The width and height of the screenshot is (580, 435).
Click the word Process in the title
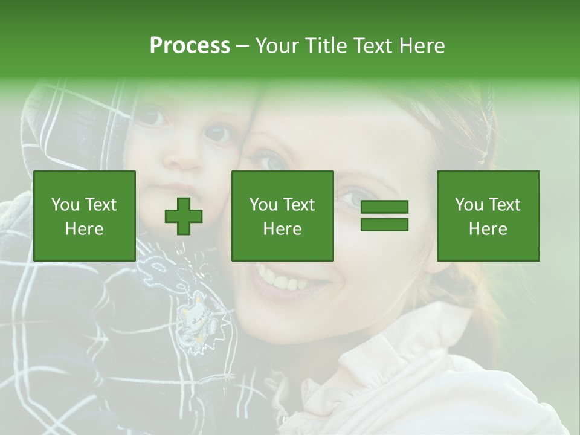tap(190, 46)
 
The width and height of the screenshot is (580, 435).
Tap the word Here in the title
tap(421, 46)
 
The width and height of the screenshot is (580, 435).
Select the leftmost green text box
tap(85, 216)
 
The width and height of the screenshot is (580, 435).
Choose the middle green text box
tap(282, 216)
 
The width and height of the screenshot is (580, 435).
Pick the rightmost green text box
tap(488, 216)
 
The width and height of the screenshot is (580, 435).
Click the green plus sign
tap(184, 216)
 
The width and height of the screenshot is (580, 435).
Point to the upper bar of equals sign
tap(384, 207)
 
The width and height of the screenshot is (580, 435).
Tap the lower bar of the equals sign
tap(384, 225)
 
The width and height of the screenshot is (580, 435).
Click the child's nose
tap(184, 158)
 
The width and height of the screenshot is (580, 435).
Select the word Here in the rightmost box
tap(488, 228)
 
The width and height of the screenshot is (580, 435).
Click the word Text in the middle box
tap(300, 205)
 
